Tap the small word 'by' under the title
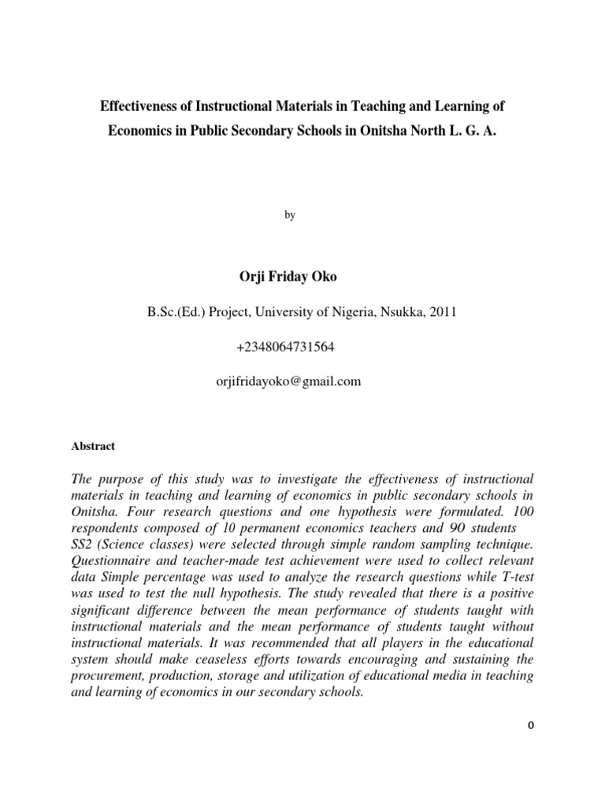[x=290, y=215]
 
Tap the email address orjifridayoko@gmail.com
[x=288, y=381]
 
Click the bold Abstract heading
[x=93, y=446]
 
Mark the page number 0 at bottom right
[x=530, y=727]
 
